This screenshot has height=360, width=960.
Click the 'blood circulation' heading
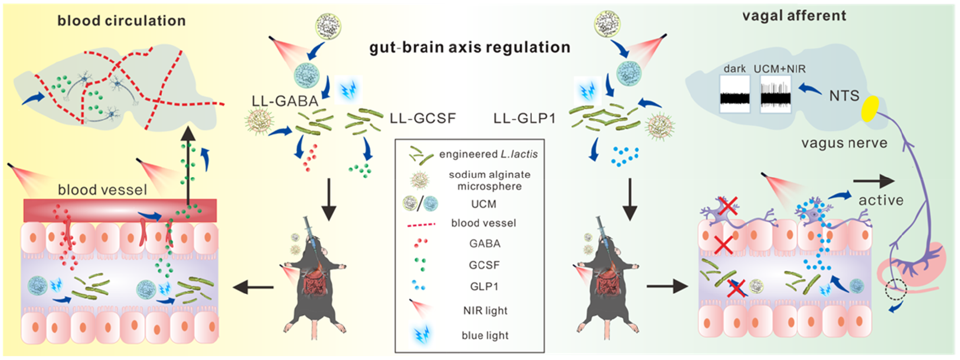pyautogui.click(x=122, y=21)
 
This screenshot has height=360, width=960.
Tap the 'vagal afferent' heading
pyautogui.click(x=794, y=16)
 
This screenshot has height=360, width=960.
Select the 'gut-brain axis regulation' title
pyautogui.click(x=470, y=48)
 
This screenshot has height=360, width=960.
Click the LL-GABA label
pyautogui.click(x=285, y=101)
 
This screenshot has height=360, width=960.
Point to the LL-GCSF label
pyautogui.click(x=423, y=118)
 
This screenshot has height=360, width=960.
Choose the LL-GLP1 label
pyautogui.click(x=525, y=118)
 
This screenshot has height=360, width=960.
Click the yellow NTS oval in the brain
pyautogui.click(x=871, y=108)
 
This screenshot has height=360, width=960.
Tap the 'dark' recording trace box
pyautogui.click(x=735, y=94)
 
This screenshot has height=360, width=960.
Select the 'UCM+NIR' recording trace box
pyautogui.click(x=775, y=94)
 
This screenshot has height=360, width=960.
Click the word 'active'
pyautogui.click(x=881, y=200)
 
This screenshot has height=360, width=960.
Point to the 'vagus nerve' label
pyautogui.click(x=844, y=143)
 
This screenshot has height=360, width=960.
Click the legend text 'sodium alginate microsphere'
pyautogui.click(x=489, y=180)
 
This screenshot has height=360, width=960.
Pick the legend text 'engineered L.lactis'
pyautogui.click(x=488, y=154)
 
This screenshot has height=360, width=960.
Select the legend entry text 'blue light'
pyautogui.click(x=485, y=336)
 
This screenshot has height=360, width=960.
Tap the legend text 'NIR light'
pyautogui.click(x=485, y=311)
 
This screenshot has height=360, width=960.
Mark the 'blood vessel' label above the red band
pyautogui.click(x=102, y=190)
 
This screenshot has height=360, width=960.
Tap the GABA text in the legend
pyautogui.click(x=485, y=244)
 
